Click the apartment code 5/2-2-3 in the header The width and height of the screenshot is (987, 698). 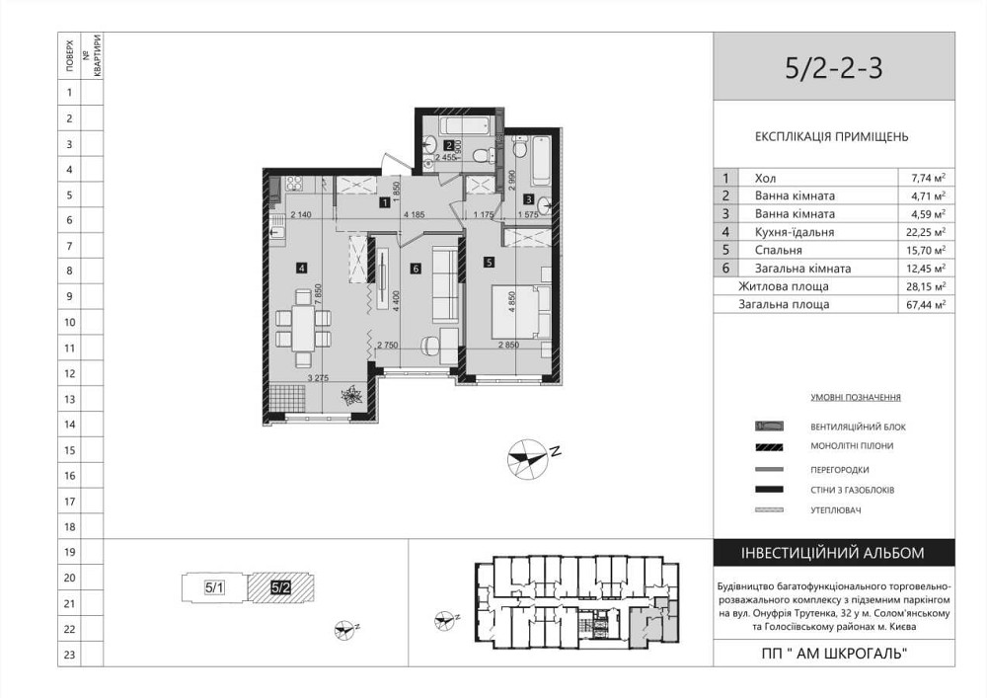[833, 67]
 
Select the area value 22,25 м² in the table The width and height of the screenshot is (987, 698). [928, 232]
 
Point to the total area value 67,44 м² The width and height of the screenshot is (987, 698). [928, 305]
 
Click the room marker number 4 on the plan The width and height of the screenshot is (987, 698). [300, 265]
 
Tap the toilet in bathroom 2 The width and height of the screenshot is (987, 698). [478, 156]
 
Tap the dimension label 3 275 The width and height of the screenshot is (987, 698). [317, 376]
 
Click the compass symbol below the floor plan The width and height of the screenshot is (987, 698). [526, 460]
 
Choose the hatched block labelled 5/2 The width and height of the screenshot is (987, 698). [280, 587]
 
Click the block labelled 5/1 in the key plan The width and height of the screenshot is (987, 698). [214, 587]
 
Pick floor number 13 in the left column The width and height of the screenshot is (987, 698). [69, 399]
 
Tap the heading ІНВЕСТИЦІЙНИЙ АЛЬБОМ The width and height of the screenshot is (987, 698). [833, 553]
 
